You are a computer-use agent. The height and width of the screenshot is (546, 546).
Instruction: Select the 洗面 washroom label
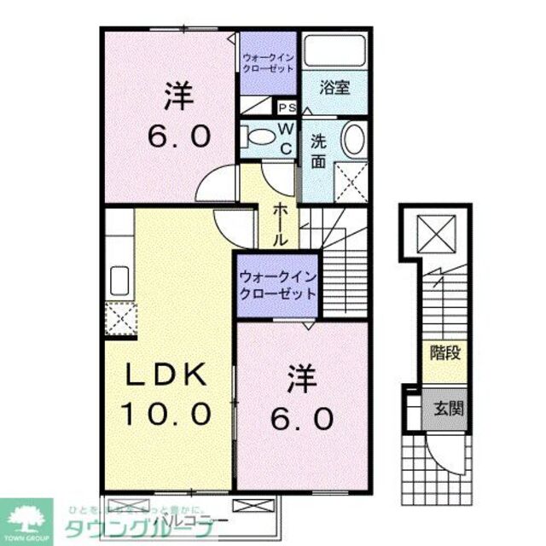(318, 150)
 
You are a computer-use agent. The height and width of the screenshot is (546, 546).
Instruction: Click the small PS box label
(287, 107)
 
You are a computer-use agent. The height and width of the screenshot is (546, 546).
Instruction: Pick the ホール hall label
(279, 225)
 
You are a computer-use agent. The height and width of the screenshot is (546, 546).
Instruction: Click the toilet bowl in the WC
(255, 136)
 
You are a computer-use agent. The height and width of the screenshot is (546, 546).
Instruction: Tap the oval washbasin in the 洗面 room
(352, 139)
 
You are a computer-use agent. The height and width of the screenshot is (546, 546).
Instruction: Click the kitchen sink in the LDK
(118, 280)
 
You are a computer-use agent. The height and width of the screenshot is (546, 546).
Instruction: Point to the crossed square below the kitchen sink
(119, 320)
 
